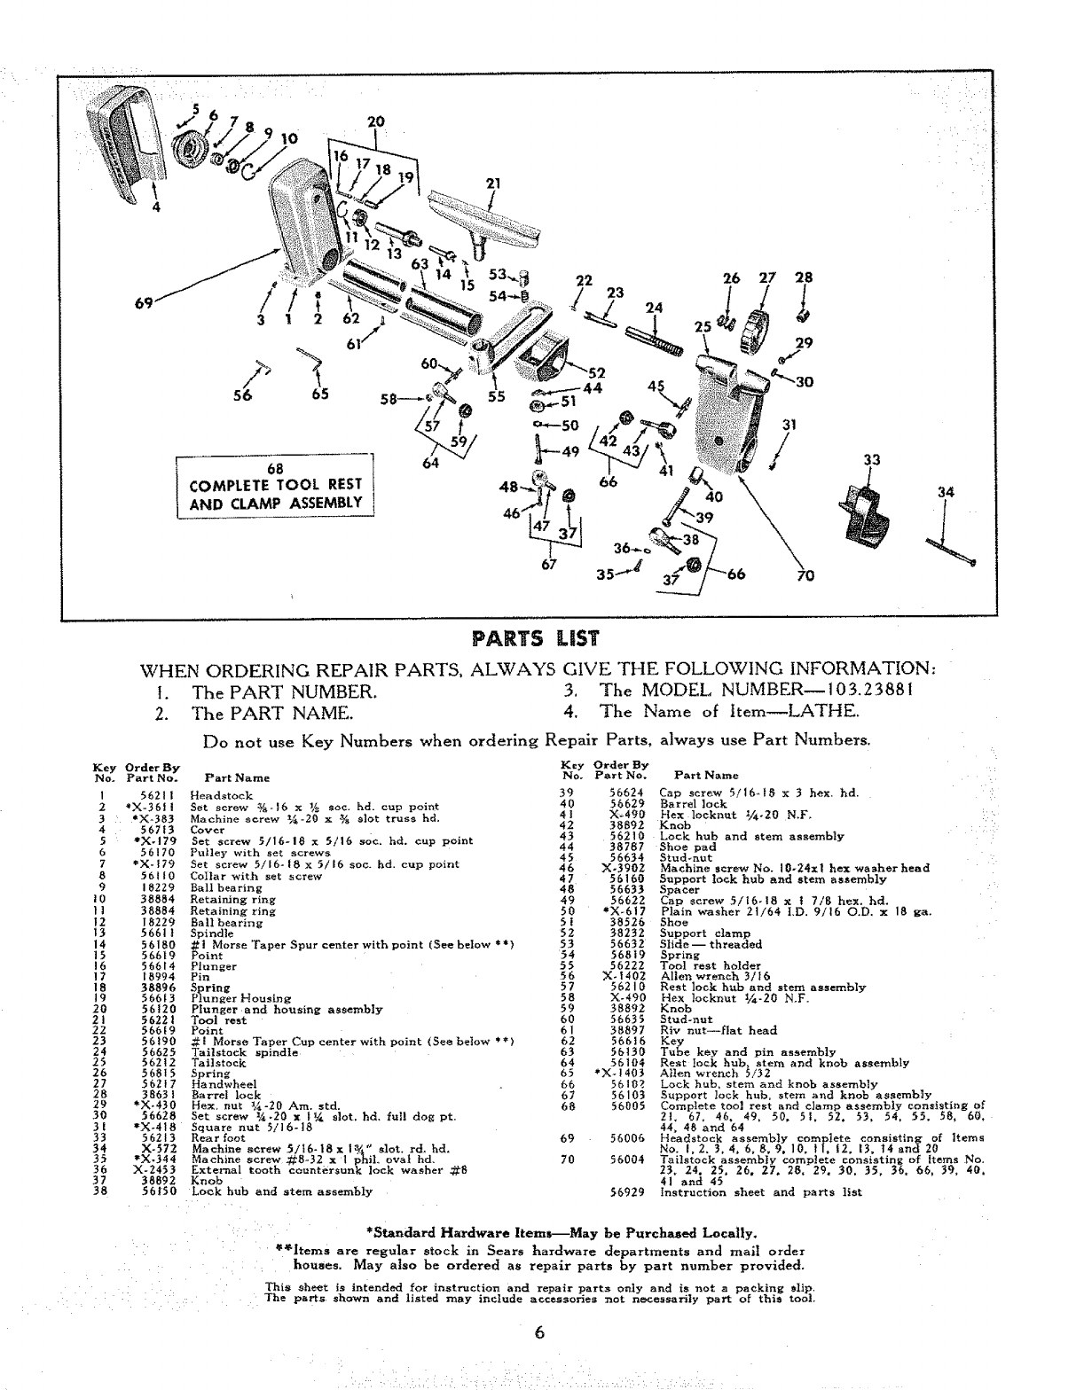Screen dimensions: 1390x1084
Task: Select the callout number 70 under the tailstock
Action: (x=806, y=574)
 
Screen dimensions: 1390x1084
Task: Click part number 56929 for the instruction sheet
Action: (x=626, y=1192)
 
